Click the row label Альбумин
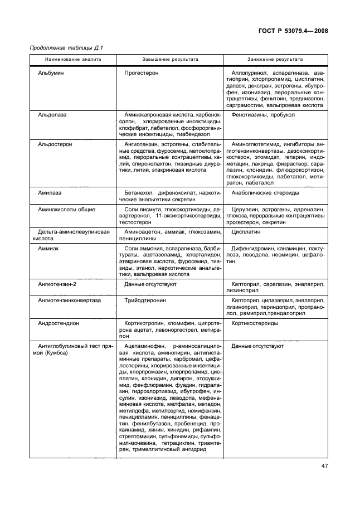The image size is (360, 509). [x=50, y=73]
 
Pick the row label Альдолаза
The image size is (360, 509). [x=52, y=115]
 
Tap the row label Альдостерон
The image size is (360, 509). [x=55, y=144]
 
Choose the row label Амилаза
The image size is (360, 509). [x=50, y=192]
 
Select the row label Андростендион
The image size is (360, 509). [x=58, y=323]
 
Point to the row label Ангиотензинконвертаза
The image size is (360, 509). [x=70, y=300]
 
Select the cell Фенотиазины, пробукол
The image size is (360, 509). [x=262, y=115]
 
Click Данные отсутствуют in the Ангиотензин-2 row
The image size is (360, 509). [x=151, y=284]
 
